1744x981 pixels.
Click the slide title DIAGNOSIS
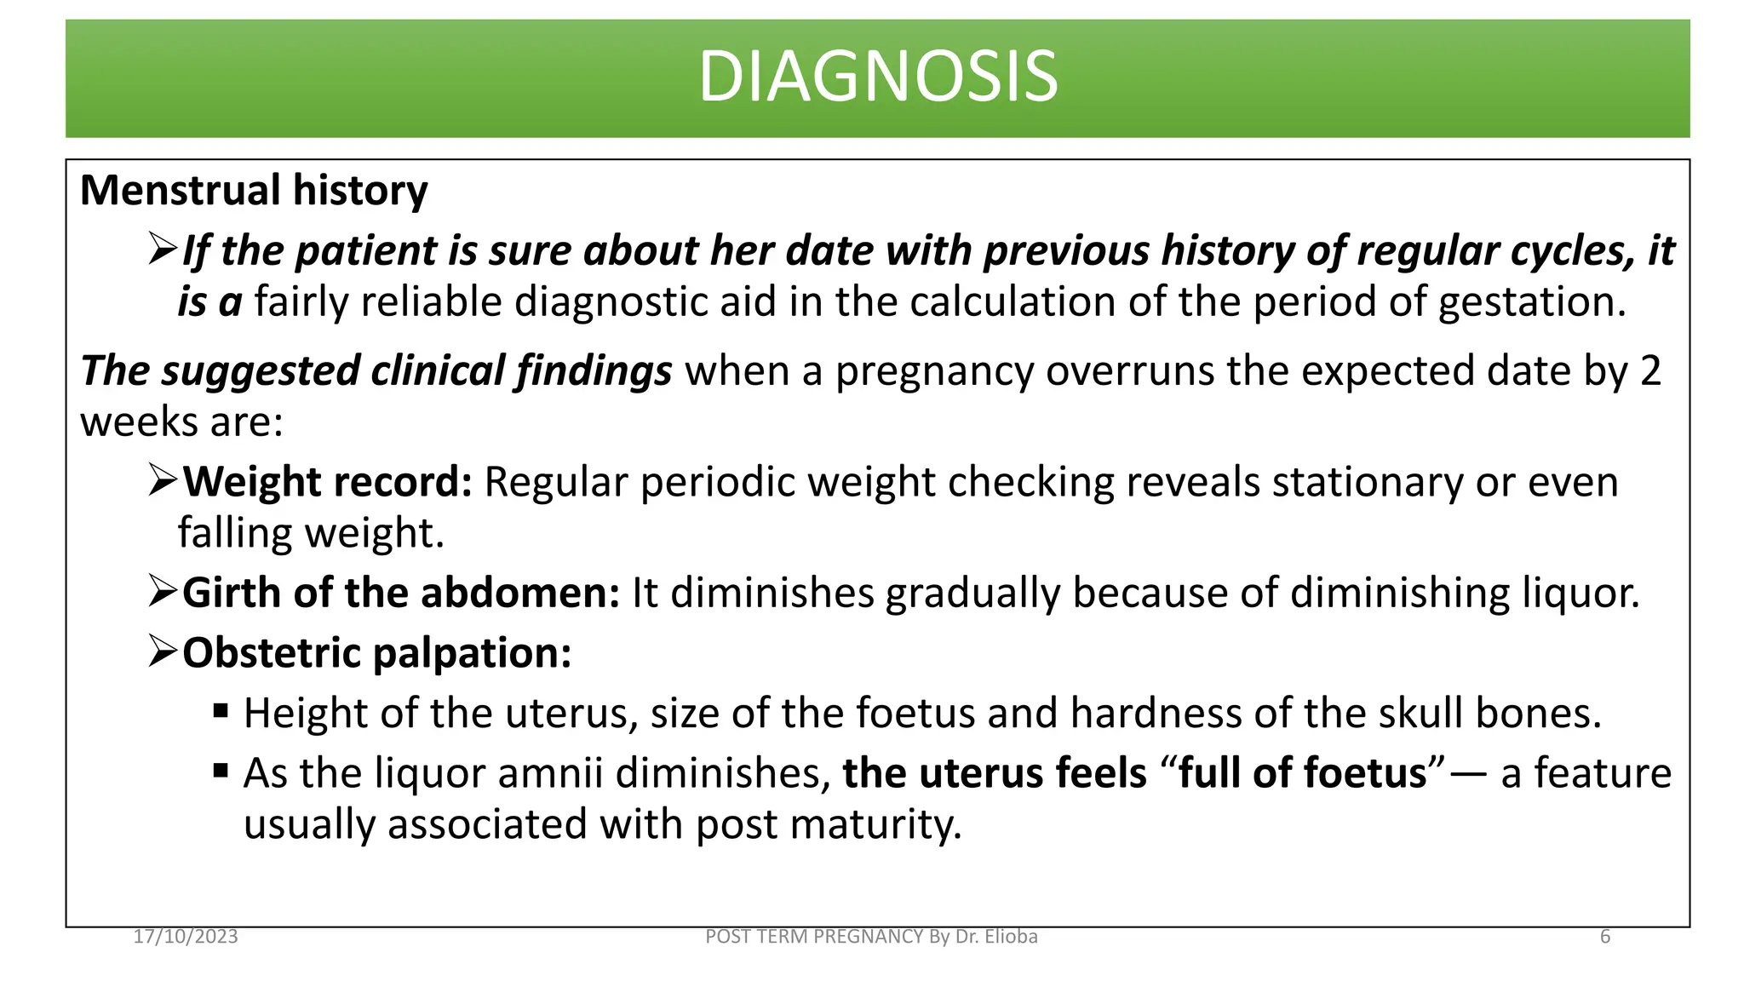pos(878,77)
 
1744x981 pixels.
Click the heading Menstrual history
pos(254,190)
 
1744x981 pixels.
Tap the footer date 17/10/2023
pos(186,937)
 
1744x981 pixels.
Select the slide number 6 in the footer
pos(1605,937)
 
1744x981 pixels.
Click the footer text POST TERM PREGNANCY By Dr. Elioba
pos(871,937)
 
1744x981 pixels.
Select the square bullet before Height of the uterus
pos(221,711)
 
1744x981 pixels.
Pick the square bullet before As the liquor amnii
pos(221,772)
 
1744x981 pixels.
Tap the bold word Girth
pos(232,593)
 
